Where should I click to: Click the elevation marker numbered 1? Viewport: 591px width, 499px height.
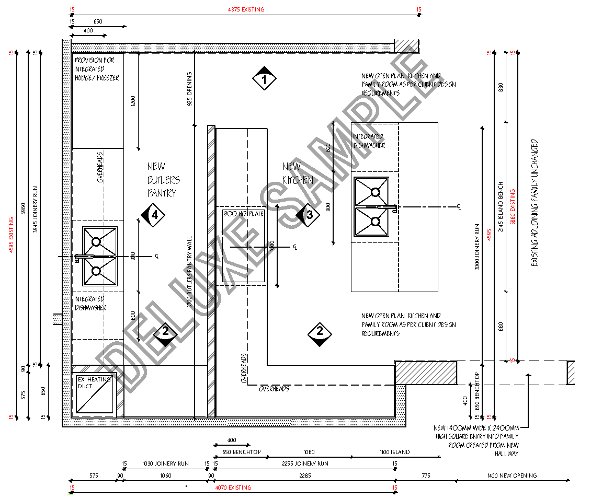pos(264,80)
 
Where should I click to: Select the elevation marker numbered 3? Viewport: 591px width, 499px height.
pos(308,215)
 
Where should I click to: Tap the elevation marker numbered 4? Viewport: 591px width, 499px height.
pos(153,215)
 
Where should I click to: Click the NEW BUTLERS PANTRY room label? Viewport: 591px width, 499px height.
pos(163,180)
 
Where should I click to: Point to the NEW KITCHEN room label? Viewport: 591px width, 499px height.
pos(297,173)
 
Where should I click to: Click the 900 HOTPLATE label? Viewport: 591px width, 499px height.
pos(244,214)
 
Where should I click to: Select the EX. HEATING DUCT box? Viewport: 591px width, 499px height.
pos(94,395)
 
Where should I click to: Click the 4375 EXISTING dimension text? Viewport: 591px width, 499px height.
pos(246,9)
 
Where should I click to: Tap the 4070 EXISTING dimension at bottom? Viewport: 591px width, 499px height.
pos(233,488)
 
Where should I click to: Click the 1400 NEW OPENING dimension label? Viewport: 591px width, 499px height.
pos(512,475)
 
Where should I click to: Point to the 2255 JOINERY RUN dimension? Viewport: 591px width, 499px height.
pos(305,463)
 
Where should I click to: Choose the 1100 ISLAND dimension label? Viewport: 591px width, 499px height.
pos(394,452)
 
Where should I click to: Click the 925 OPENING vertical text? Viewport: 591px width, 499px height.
pos(189,89)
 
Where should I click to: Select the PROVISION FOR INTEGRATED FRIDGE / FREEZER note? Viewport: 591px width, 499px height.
pos(96,69)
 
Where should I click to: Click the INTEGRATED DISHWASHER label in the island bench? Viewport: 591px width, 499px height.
pos(369,141)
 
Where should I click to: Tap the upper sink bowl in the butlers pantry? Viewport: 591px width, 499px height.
pos(96,241)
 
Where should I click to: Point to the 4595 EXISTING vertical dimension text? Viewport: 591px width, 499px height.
pos(12,235)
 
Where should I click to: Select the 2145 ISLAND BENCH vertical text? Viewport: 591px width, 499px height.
pos(501,207)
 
